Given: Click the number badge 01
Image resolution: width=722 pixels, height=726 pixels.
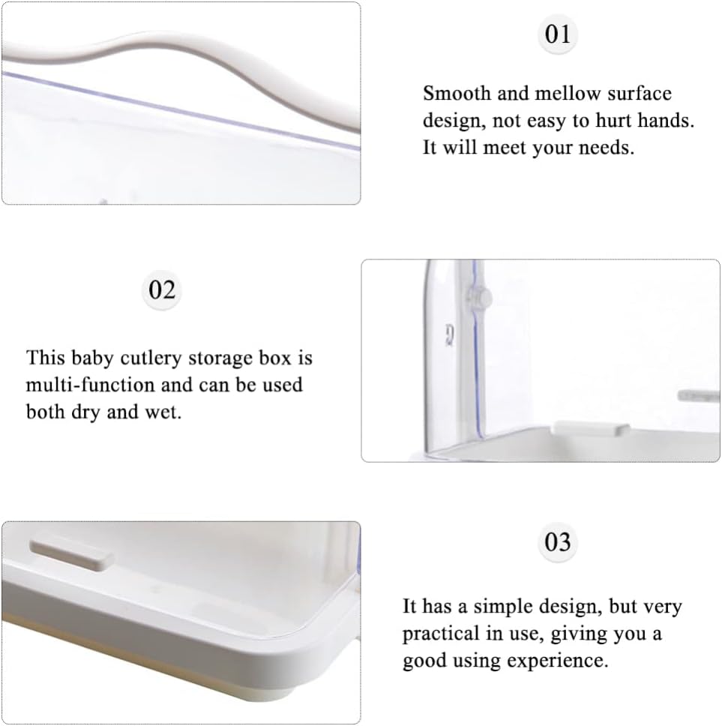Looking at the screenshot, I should point(557,34).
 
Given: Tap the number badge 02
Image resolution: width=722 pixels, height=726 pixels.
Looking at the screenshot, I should point(161,289).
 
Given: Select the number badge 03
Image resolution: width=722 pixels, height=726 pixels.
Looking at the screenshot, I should point(557,541).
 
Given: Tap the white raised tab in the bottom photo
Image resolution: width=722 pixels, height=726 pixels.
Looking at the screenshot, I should point(72,553).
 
